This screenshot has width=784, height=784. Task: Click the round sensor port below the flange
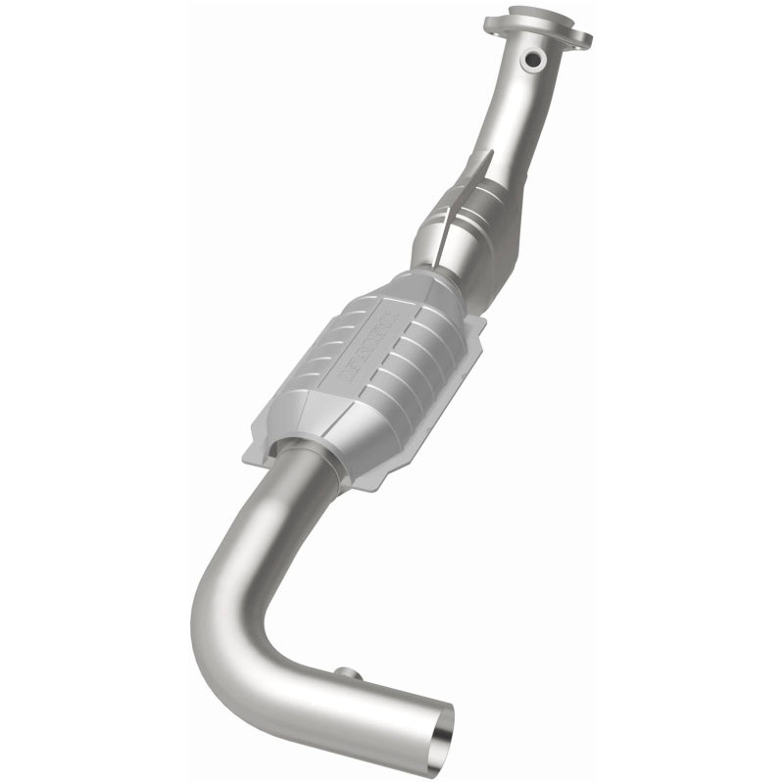tap(533, 61)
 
